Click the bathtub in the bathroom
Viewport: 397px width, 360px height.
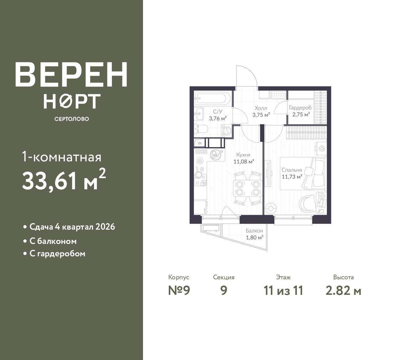tap(212, 98)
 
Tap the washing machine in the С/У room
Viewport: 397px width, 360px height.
tap(227, 130)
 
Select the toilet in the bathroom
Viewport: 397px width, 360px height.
tap(201, 129)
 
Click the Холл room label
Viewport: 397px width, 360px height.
tap(261, 108)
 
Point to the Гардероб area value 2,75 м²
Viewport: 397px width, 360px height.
tap(301, 115)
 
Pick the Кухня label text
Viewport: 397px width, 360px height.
tap(243, 155)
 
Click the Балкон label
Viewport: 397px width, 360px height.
tap(254, 231)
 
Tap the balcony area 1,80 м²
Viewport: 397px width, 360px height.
tap(255, 237)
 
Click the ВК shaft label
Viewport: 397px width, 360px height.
tap(200, 143)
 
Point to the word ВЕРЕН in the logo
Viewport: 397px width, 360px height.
tap(71, 74)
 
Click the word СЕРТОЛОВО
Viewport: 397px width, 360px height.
tap(72, 119)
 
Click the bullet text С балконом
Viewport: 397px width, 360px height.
tap(53, 241)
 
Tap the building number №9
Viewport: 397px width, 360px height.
tap(179, 290)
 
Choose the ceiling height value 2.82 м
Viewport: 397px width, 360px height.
tap(343, 290)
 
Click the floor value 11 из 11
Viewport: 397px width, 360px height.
tap(283, 290)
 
